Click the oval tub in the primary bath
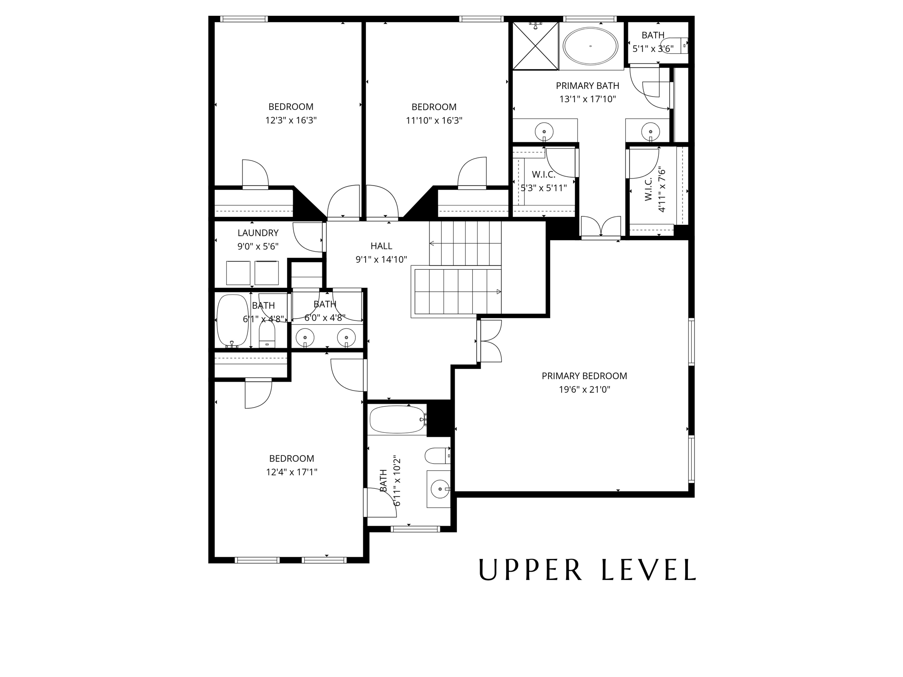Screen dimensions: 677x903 pos(590,46)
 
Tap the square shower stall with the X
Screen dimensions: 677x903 pos(535,45)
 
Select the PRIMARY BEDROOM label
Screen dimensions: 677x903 pos(584,376)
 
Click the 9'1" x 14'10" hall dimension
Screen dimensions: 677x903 pos(381,260)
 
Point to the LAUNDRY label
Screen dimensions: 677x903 pos(258,233)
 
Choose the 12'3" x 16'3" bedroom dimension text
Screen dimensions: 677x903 pos(291,120)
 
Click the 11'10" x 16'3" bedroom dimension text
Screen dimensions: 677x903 pos(434,120)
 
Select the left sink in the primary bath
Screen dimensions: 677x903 pos(544,131)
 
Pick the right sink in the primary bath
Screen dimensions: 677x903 pos(650,131)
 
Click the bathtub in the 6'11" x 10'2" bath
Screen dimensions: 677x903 pos(397,420)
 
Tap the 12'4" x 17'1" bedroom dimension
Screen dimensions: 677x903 pos(291,472)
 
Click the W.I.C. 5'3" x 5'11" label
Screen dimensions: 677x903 pos(543,181)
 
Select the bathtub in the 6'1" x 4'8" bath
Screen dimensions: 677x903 pos(232,320)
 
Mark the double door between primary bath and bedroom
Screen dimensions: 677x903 pos(601,227)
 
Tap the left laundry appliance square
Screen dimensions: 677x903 pos(238,273)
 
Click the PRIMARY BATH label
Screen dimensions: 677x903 pos(587,86)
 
